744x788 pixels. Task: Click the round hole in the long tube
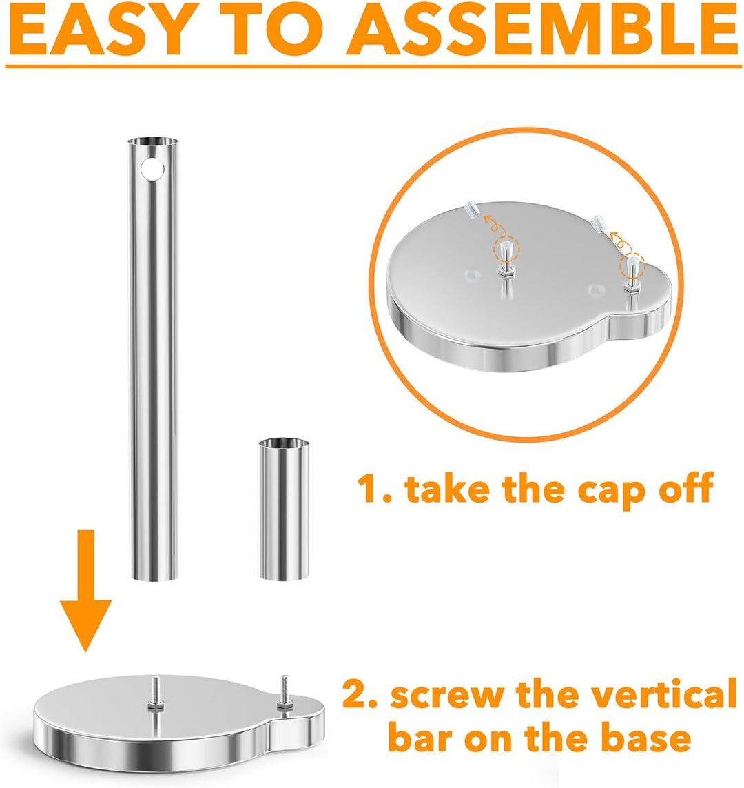click(x=153, y=170)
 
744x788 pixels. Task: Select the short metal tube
click(x=284, y=509)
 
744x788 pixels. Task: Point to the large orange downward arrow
click(x=85, y=591)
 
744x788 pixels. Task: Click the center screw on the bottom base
click(x=155, y=694)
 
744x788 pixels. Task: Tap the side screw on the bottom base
click(x=285, y=694)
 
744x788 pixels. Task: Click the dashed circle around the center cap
click(x=506, y=250)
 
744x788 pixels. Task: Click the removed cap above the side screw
click(x=599, y=223)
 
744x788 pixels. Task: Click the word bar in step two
click(x=421, y=737)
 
